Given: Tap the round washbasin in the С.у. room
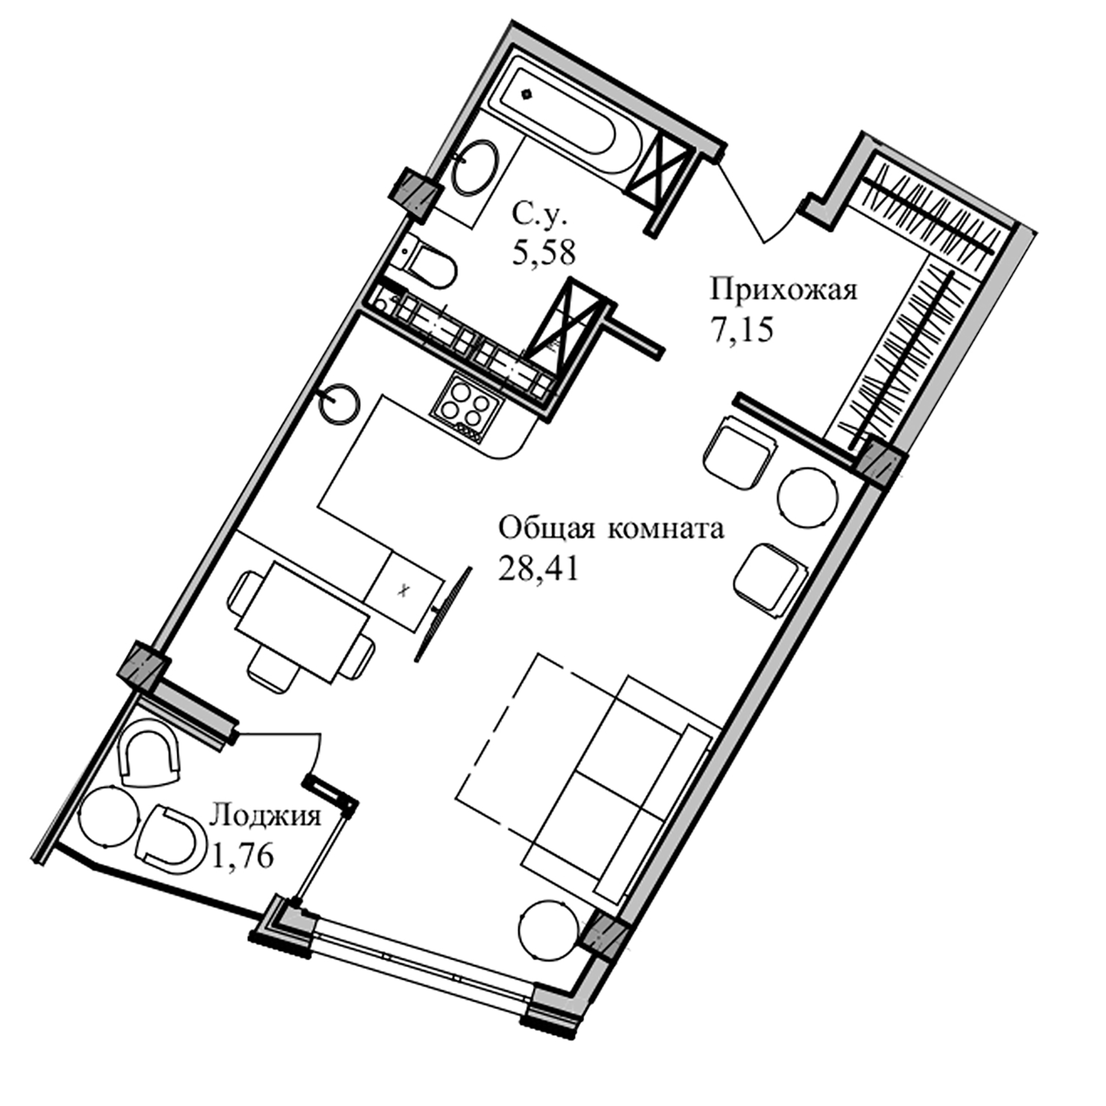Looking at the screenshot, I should coord(474,167).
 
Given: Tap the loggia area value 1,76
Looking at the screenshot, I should coord(242,855).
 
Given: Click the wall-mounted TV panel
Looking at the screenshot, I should coord(443,614).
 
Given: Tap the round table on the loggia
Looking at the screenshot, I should coord(109,817).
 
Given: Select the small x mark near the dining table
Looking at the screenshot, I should coord(403,591).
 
